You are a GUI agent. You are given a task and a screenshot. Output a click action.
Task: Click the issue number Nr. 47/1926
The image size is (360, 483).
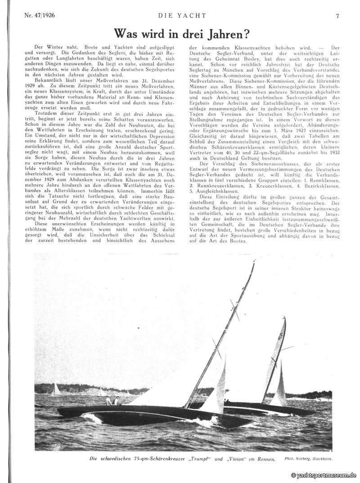[x=39, y=16]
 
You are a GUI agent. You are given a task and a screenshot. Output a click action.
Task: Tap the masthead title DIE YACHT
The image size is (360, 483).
[x=182, y=16]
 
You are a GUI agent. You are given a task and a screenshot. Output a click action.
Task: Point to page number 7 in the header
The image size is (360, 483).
[x=337, y=16]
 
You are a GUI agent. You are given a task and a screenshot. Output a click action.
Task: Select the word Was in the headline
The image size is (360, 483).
[x=127, y=34]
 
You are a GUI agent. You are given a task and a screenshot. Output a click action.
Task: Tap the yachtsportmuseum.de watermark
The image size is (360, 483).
[x=324, y=475]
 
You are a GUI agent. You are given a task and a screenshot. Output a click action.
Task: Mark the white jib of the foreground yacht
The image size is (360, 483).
[x=214, y=391]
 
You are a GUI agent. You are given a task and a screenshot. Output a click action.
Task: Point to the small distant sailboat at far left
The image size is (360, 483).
[x=57, y=389]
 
